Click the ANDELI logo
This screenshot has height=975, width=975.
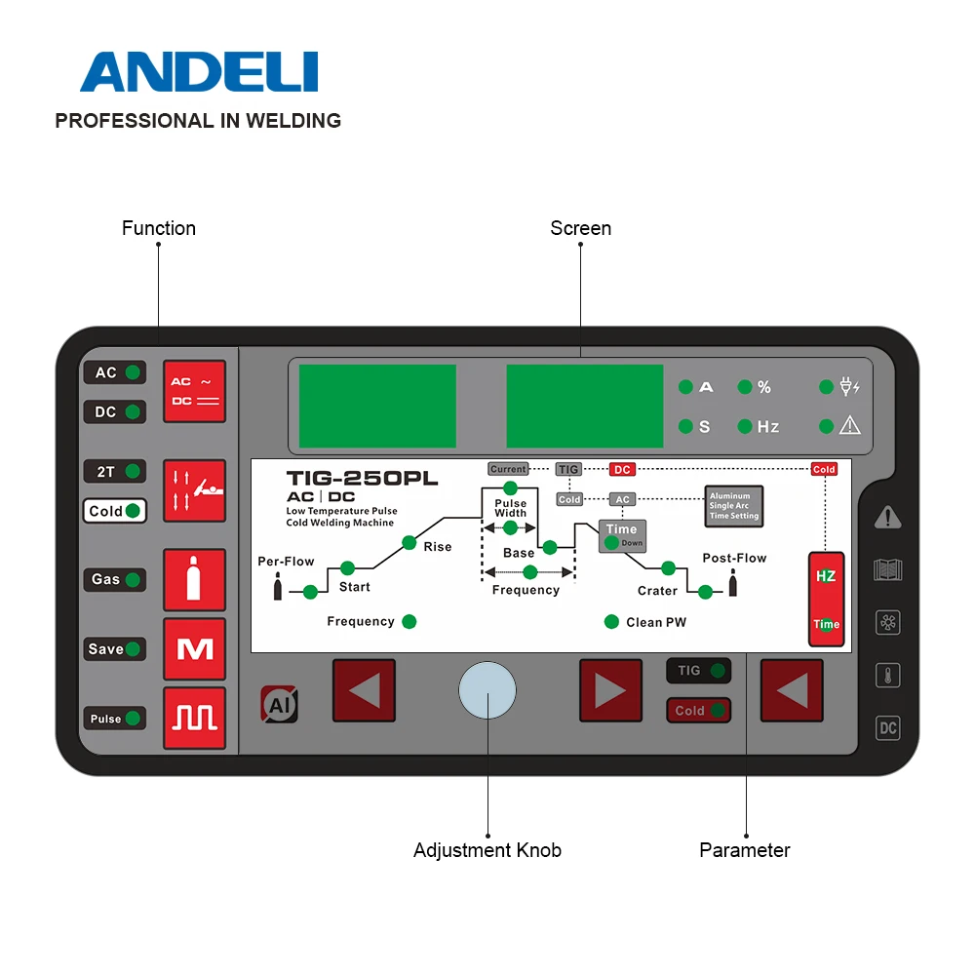pos(199,73)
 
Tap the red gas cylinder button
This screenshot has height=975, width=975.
pos(194,580)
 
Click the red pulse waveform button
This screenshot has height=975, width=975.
pos(194,719)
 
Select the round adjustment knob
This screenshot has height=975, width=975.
pos(487,690)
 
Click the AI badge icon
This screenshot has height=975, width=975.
pos(279,704)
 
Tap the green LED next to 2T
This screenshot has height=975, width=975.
pos(133,471)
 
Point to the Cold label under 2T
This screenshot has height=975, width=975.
pos(106,511)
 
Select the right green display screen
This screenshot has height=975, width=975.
pos(585,406)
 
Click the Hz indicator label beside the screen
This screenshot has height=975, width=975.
pos(768,427)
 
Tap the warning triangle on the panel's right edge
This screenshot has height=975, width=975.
pos(887,518)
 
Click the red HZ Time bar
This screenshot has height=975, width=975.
pos(826,599)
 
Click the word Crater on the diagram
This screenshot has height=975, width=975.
pos(657,591)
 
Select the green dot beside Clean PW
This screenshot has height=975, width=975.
pos(611,622)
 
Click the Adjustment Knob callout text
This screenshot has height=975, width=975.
pos(487,850)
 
